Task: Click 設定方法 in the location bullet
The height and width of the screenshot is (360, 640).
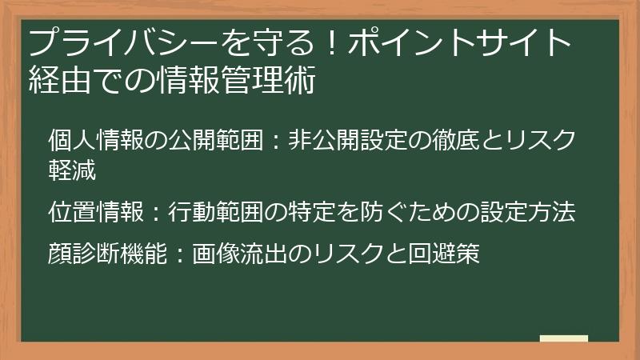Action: (533, 213)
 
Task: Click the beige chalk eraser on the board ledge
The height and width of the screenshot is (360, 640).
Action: (565, 339)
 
